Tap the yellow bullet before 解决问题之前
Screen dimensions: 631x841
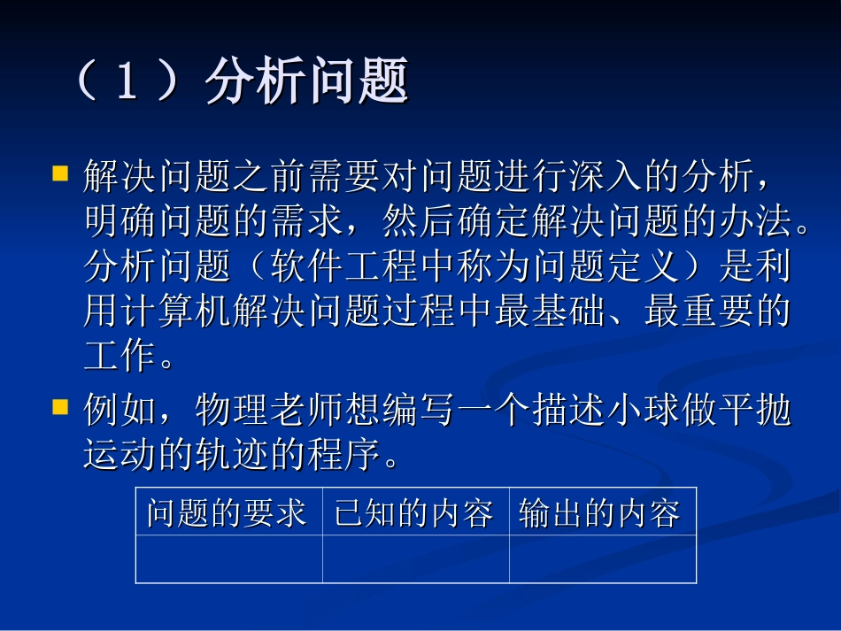click(x=60, y=173)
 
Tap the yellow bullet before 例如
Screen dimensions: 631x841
click(x=60, y=407)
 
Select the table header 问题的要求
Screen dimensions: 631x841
click(x=228, y=513)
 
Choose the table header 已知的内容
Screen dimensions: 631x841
click(x=414, y=513)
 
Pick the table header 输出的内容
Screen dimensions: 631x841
click(x=601, y=513)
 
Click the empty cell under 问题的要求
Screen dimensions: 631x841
click(x=228, y=559)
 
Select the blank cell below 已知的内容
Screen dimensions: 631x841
click(x=415, y=559)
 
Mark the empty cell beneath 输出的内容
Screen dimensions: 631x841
click(x=602, y=559)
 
